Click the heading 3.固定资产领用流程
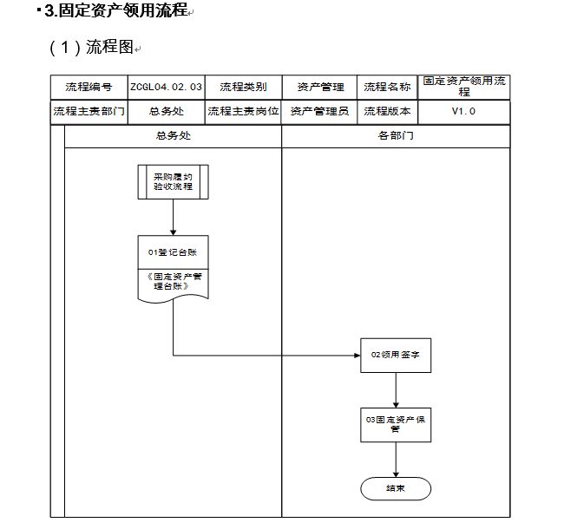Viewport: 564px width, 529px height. point(115,10)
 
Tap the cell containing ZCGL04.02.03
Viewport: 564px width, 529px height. point(167,87)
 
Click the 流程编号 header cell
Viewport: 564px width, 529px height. point(89,87)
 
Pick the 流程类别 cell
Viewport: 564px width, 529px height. point(243,87)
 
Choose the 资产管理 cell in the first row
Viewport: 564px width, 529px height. point(320,87)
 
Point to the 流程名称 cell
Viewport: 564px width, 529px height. point(387,87)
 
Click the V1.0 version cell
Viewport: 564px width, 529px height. point(463,112)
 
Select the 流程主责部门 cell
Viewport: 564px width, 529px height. point(89,112)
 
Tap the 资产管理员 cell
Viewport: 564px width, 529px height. point(320,112)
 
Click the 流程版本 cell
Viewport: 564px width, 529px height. point(387,112)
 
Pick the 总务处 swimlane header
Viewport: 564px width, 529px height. point(173,136)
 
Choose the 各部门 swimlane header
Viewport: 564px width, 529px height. point(396,136)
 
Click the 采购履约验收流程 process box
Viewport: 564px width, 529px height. point(173,182)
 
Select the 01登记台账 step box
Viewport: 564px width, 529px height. point(173,251)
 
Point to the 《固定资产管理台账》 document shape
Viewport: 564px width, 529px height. point(173,284)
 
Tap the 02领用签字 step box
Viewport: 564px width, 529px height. point(396,355)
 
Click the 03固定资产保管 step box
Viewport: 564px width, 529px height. point(396,425)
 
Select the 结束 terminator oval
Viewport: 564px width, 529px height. point(396,488)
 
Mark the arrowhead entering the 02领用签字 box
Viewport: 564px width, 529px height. point(357,356)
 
